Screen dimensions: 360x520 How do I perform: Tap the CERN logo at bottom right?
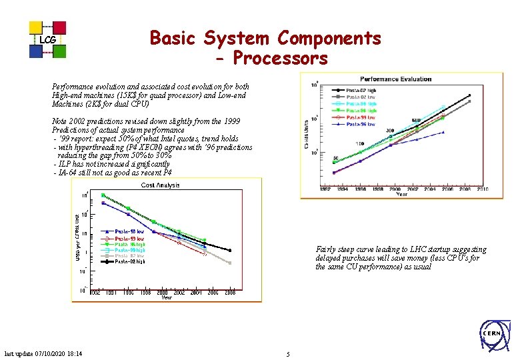(x=492, y=333)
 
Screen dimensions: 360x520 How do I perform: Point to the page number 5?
(x=287, y=354)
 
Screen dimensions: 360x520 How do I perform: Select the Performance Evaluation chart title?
(x=396, y=79)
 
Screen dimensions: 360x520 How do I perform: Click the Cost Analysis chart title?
(x=160, y=185)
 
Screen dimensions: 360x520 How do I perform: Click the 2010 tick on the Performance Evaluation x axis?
(x=481, y=189)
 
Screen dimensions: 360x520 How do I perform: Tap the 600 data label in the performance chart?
(x=415, y=121)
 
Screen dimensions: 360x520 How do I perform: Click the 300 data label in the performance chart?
(x=390, y=131)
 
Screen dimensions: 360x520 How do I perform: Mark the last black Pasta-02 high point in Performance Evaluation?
(x=469, y=95)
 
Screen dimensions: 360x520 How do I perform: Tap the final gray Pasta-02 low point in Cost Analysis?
(x=230, y=263)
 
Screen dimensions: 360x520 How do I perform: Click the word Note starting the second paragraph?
(x=60, y=121)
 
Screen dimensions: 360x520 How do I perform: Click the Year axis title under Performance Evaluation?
(x=402, y=195)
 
